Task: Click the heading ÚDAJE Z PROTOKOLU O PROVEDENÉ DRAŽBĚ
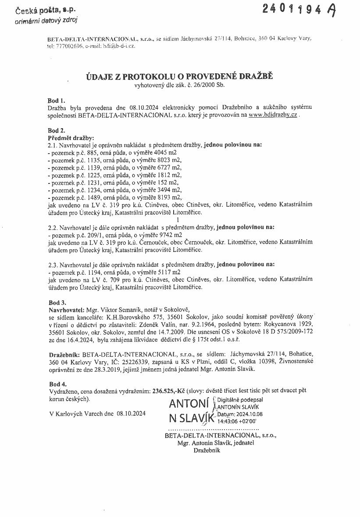click(179, 77)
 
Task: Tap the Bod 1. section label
click(56, 101)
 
